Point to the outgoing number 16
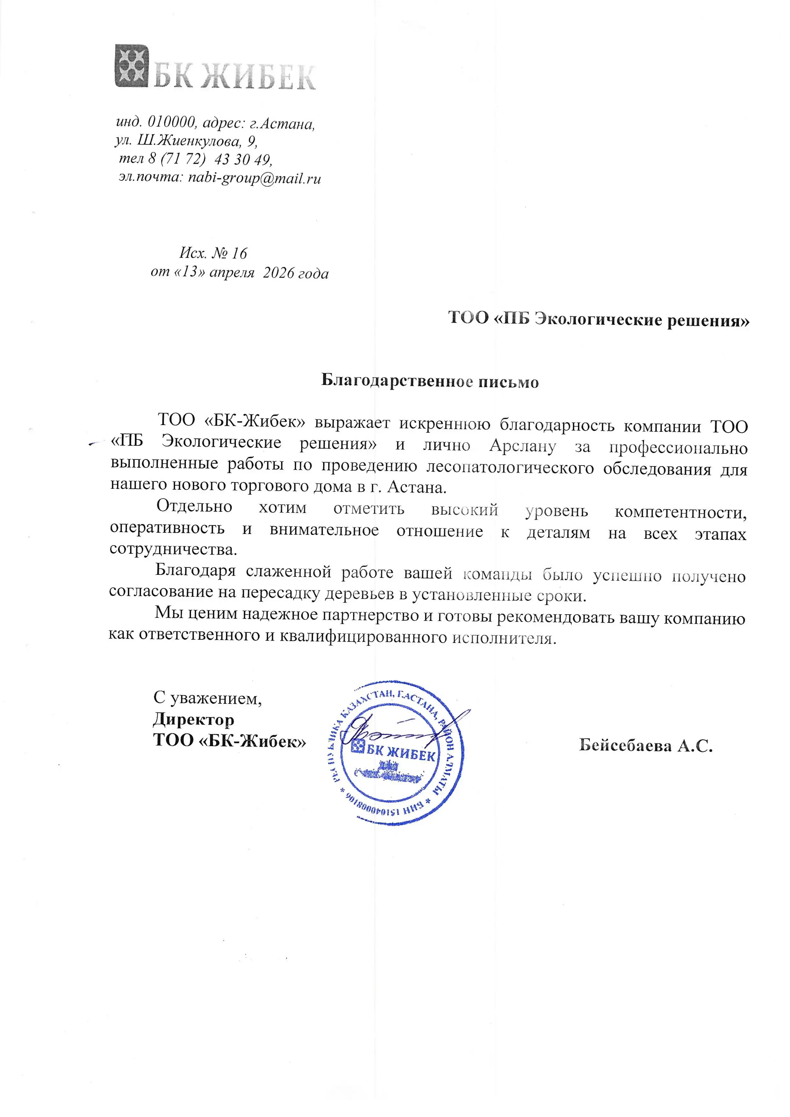coord(240,253)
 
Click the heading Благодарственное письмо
coord(430,381)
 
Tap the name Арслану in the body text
coord(523,446)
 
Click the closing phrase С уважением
coord(207,698)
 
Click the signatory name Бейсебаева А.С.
coord(645,745)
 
